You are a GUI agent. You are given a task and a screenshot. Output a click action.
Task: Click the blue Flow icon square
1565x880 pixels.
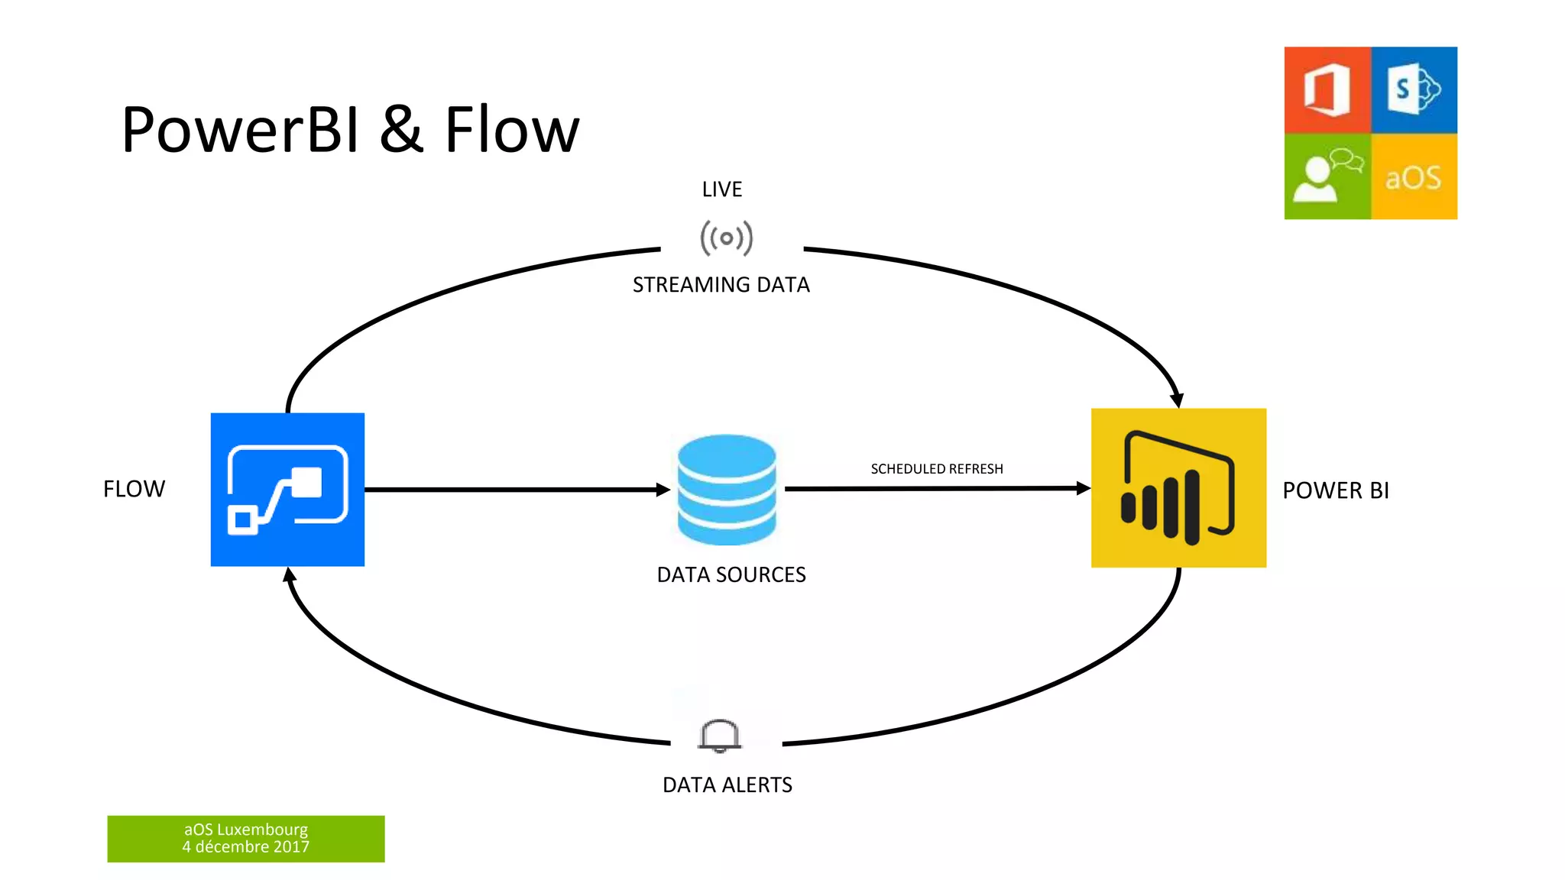point(287,490)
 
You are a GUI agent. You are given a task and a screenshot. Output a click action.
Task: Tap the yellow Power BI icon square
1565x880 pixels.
point(1178,488)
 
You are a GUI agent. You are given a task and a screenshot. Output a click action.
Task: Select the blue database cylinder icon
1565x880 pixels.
point(727,490)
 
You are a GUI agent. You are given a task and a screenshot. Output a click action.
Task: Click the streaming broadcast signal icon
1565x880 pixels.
point(726,238)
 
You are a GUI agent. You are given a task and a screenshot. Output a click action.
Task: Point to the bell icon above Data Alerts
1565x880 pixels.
point(719,736)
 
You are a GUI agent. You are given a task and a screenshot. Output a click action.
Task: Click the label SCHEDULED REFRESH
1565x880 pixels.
point(937,469)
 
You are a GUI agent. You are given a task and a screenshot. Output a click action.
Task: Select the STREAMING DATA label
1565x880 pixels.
point(721,285)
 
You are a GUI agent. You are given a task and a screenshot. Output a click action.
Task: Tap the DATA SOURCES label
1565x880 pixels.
point(731,574)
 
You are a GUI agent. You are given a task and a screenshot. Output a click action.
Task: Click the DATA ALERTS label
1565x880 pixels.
point(727,785)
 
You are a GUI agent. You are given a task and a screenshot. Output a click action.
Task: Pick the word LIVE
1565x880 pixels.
point(722,189)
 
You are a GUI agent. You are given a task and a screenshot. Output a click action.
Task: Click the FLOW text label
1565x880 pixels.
point(134,489)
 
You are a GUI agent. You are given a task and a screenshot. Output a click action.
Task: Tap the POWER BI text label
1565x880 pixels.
point(1336,490)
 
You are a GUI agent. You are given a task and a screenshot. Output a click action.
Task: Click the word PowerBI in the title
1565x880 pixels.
point(240,130)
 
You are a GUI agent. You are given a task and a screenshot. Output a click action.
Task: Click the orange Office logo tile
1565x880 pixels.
point(1327,90)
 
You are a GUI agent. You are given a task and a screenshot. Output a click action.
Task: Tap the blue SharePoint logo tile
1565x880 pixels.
point(1414,90)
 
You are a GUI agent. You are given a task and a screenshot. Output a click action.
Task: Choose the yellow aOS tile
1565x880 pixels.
point(1414,177)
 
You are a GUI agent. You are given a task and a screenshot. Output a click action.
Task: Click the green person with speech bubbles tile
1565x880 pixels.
point(1327,177)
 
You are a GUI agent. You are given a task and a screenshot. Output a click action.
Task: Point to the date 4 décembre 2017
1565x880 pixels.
point(245,847)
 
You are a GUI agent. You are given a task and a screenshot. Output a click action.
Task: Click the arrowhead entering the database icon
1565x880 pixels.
point(663,490)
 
